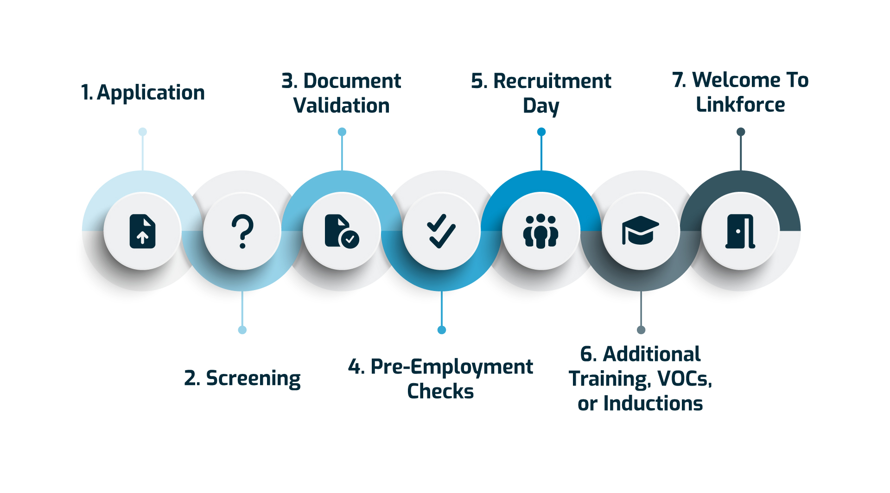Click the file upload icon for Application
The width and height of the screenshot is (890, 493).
point(142,231)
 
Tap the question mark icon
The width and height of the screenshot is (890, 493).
point(242,231)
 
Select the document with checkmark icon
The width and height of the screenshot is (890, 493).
point(342,231)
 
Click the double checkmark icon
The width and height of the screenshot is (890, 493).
point(441,231)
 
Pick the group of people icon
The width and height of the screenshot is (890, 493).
point(541,231)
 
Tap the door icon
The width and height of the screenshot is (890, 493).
point(740,231)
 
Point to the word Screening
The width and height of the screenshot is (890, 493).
point(253,379)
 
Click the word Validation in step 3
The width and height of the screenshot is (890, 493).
point(342,106)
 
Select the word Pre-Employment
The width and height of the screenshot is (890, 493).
point(451,367)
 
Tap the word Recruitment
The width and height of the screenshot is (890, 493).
point(552,81)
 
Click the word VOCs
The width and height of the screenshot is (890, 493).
point(684,379)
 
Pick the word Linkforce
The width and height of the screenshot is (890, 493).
point(740,105)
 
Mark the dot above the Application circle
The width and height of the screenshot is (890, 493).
point(143,132)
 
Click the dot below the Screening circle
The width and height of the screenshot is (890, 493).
point(242,330)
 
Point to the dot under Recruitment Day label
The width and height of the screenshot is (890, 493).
point(541,132)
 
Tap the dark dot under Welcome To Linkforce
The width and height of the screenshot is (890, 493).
point(741,132)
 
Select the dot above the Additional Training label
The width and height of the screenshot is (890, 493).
point(641,330)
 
